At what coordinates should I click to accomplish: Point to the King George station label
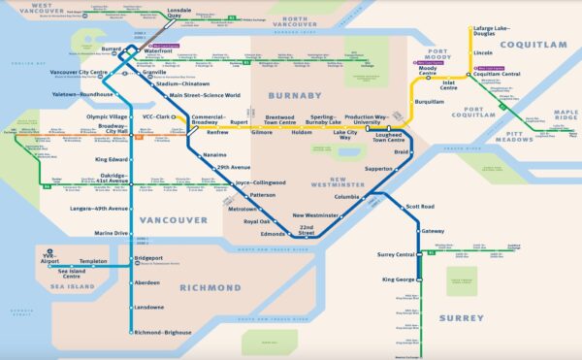(398, 279)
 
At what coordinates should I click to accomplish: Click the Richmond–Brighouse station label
(164, 333)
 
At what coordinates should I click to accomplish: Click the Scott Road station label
(420, 207)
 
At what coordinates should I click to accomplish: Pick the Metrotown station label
(241, 209)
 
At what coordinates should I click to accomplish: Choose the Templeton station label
(93, 262)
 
